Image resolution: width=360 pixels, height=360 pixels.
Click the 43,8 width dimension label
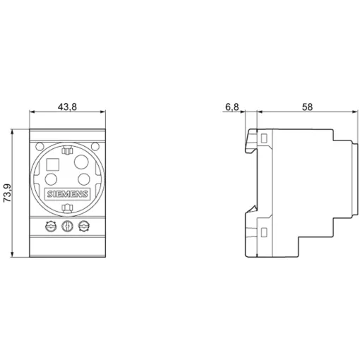67,107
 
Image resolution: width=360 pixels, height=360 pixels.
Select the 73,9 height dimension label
7,193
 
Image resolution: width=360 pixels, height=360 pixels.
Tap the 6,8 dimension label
232,107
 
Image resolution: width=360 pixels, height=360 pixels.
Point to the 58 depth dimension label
307,107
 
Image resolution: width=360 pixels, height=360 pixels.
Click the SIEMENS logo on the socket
67,194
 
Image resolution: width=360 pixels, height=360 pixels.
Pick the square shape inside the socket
53,164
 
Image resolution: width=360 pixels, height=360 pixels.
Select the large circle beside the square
81,162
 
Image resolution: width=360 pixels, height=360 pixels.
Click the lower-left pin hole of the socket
51,179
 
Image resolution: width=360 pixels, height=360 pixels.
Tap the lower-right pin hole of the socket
84,179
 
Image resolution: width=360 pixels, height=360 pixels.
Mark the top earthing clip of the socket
67,150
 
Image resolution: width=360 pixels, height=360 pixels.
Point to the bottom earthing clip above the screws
67,208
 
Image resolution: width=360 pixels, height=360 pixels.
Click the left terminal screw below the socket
51,227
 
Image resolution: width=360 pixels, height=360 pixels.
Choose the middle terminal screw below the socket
67,227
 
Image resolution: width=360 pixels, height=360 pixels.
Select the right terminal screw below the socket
84,227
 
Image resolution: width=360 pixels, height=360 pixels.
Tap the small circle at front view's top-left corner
40,147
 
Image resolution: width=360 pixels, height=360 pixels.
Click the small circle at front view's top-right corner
95,147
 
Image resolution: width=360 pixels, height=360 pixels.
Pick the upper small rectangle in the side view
264,138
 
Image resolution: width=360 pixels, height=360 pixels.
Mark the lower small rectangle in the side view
264,232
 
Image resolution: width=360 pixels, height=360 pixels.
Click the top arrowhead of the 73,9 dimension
12,131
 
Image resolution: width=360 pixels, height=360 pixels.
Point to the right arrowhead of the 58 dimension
355,112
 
